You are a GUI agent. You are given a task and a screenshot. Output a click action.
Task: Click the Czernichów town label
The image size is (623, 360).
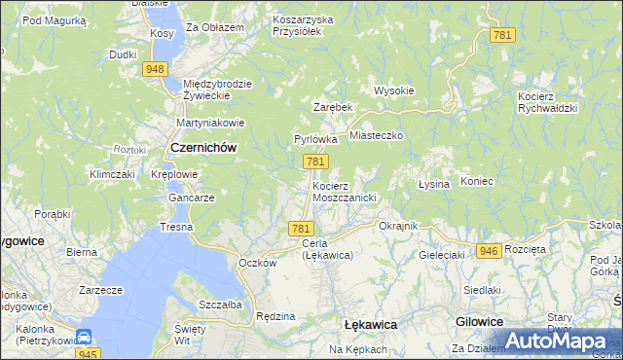pyautogui.click(x=203, y=147)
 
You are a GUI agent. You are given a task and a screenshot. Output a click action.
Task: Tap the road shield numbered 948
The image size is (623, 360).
pyautogui.click(x=155, y=68)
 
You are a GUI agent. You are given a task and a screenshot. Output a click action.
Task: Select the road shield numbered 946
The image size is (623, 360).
pyautogui.click(x=490, y=250)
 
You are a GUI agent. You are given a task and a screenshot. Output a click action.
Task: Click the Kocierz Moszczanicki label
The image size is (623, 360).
pyautogui.click(x=344, y=191)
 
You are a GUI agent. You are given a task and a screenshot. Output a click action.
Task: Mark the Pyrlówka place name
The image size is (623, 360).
pyautogui.click(x=315, y=139)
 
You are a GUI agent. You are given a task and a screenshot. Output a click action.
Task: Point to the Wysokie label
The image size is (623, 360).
pyautogui.click(x=394, y=90)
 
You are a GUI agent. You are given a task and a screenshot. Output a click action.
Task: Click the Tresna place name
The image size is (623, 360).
pyautogui.click(x=177, y=227)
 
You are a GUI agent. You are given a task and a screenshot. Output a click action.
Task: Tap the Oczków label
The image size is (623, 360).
pyautogui.click(x=258, y=263)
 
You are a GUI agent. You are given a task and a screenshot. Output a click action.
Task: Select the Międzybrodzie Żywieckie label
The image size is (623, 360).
pyautogui.click(x=217, y=89)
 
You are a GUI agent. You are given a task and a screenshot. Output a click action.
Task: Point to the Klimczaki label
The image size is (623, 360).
pyautogui.click(x=111, y=174)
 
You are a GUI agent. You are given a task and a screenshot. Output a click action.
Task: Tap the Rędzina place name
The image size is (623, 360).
pyautogui.click(x=275, y=316)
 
